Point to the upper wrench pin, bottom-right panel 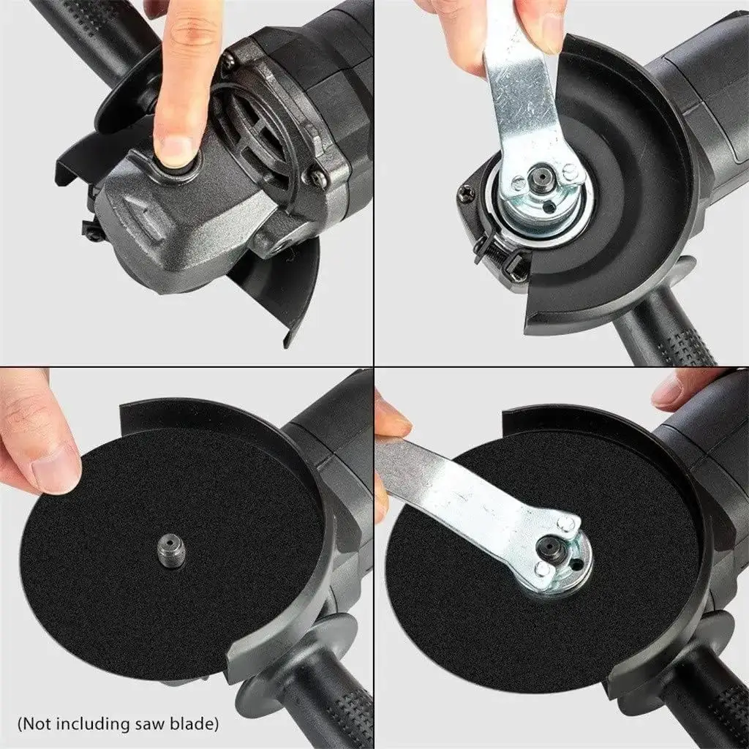pos(568,522)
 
